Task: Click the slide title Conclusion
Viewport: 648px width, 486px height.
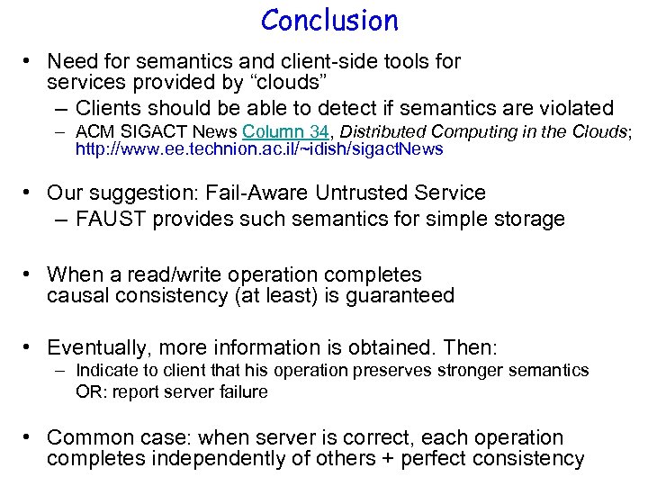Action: pyautogui.click(x=329, y=20)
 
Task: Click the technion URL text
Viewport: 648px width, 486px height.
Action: pyautogui.click(x=259, y=149)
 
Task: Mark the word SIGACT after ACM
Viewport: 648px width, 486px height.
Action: pyautogui.click(x=145, y=131)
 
